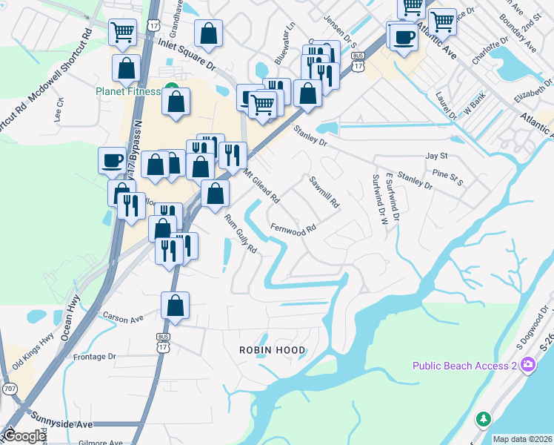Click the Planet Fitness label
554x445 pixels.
(x=127, y=91)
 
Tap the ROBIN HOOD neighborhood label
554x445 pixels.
(x=271, y=349)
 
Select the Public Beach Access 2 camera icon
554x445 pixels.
(x=527, y=364)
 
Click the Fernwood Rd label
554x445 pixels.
(x=294, y=228)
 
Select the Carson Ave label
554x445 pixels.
(x=124, y=318)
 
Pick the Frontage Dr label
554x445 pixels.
(x=96, y=356)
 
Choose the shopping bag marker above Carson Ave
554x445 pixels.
(x=175, y=306)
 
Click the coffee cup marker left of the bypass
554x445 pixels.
(x=112, y=160)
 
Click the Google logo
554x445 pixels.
(x=24, y=436)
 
